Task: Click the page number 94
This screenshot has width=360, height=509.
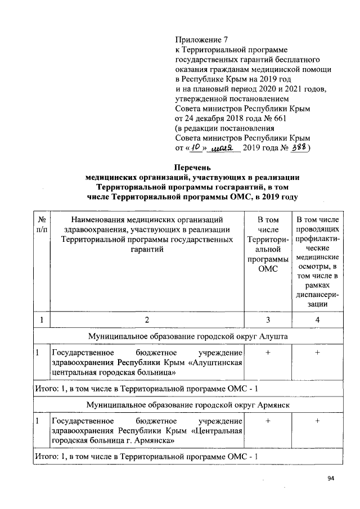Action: click(x=331, y=479)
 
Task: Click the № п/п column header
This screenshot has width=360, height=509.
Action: click(x=41, y=224)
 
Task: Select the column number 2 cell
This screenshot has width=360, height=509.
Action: click(x=146, y=320)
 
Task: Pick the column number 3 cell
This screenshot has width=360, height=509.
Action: click(x=268, y=320)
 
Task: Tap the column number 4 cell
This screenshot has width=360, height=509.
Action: click(x=318, y=320)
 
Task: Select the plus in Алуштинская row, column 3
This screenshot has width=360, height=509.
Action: click(x=268, y=353)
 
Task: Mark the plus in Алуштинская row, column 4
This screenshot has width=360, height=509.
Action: click(x=318, y=353)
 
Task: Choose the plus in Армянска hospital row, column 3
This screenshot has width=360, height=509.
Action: click(x=268, y=421)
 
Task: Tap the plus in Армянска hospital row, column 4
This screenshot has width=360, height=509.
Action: click(x=318, y=421)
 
